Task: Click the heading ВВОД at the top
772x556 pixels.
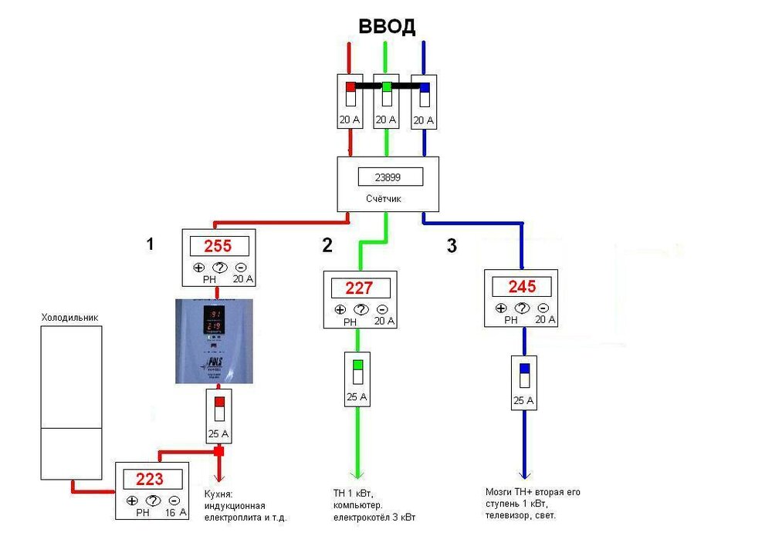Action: point(387,27)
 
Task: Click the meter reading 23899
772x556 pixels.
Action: point(391,177)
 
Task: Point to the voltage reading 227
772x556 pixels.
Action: point(359,288)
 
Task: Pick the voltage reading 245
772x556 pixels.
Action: point(522,286)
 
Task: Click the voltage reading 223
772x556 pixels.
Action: point(150,479)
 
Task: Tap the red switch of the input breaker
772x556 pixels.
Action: point(350,87)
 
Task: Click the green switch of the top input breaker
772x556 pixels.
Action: point(387,87)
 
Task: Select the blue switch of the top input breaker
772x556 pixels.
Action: point(424,87)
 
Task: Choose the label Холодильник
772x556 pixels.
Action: point(70,317)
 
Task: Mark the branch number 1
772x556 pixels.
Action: point(151,244)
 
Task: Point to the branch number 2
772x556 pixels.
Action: point(327,246)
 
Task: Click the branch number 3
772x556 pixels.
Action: point(452,247)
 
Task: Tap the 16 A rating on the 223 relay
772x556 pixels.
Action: point(177,512)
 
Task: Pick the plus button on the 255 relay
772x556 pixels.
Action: point(198,268)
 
